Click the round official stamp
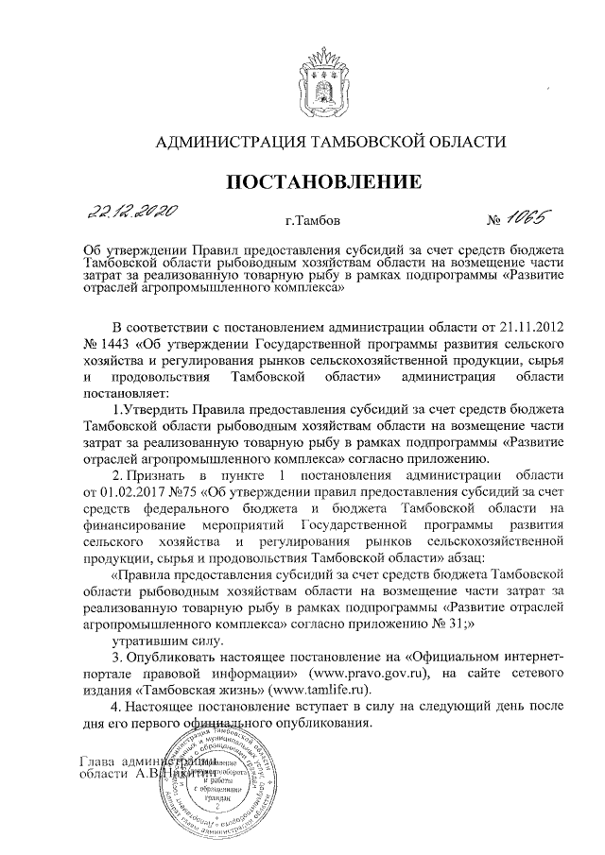(216, 781)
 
